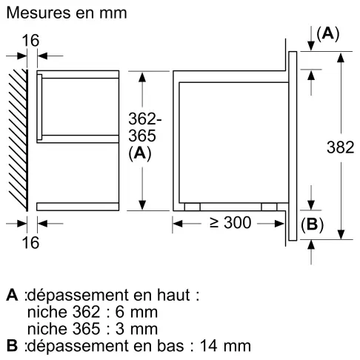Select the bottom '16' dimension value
click(x=30, y=241)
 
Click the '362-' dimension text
click(x=141, y=119)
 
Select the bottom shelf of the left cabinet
click(x=78, y=206)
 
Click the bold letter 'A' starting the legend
click(x=11, y=295)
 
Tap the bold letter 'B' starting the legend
click(x=11, y=345)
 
